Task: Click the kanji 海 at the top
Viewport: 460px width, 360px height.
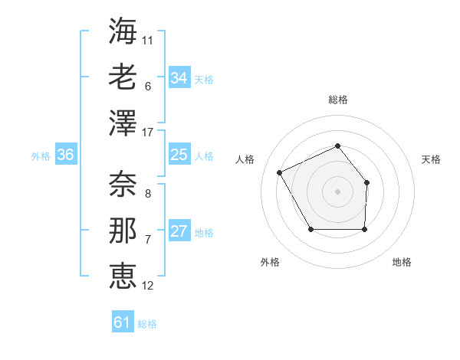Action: (123, 31)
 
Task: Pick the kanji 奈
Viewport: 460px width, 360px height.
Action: (123, 184)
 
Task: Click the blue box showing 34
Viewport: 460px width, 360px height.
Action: (179, 77)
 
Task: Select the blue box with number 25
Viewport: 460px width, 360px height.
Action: (179, 155)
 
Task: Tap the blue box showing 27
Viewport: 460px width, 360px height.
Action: (179, 231)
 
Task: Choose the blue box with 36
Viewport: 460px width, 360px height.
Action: (65, 155)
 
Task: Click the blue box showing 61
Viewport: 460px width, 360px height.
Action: (123, 322)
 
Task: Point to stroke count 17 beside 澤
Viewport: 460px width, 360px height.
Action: (148, 133)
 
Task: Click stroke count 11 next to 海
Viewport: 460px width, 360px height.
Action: (148, 38)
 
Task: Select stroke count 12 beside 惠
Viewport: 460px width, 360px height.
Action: (148, 285)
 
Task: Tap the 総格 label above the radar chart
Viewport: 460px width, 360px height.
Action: (337, 100)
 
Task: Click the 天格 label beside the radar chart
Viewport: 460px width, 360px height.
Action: (432, 159)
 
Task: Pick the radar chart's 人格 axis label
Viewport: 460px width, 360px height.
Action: (245, 159)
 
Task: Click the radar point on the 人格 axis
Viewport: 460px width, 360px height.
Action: (280, 172)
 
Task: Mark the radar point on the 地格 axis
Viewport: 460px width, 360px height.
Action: (364, 229)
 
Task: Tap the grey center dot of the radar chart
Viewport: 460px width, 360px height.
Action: (337, 191)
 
